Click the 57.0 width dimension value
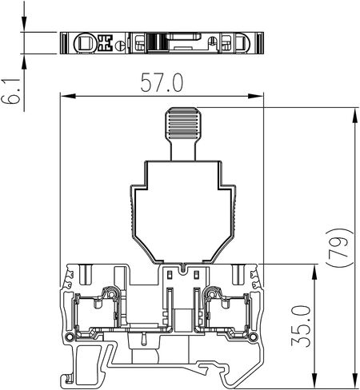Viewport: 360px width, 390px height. point(162,82)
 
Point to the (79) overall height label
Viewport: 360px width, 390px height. point(339,247)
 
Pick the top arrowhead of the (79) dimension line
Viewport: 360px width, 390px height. point(354,116)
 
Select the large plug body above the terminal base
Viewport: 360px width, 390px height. point(183,208)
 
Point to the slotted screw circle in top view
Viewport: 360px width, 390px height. point(119,44)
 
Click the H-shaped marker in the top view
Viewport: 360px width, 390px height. point(103,42)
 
